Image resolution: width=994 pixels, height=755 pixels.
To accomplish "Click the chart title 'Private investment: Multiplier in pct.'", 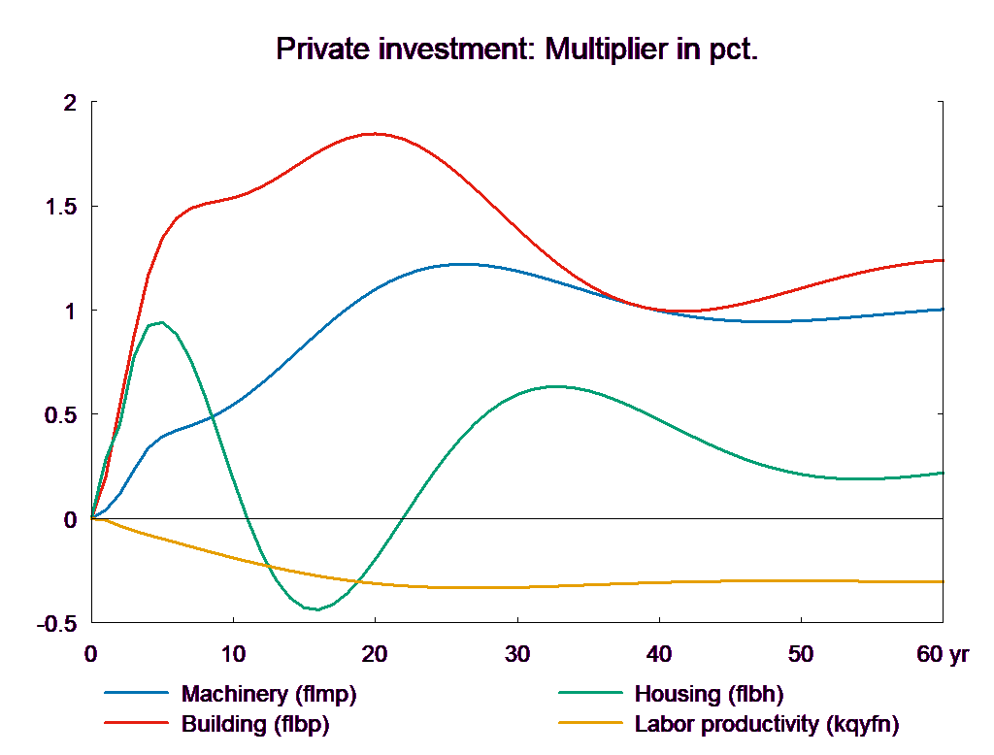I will click(516, 49).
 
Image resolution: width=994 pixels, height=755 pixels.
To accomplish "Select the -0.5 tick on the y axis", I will click(57, 623).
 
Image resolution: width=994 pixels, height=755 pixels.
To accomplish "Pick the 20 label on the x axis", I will click(375, 654).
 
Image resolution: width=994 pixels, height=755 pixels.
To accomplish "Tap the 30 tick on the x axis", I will click(516, 654).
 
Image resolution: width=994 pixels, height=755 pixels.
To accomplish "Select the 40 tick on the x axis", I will click(659, 654).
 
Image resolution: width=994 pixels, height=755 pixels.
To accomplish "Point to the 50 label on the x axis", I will click(801, 654).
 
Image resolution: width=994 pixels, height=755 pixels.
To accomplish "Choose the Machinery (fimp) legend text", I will click(269, 694).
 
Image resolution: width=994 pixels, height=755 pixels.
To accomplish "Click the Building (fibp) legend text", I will click(255, 724).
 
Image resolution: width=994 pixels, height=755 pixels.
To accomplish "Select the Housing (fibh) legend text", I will click(708, 694).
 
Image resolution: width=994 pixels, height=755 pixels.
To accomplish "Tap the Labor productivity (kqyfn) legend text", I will click(766, 724).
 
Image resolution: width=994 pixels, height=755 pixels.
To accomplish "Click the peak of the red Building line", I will click(375, 134).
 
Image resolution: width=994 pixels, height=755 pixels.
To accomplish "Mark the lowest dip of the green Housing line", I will click(315, 609).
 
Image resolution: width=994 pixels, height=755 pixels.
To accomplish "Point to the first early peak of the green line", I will click(162, 322).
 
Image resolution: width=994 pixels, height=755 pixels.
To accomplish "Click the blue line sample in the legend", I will click(135, 694).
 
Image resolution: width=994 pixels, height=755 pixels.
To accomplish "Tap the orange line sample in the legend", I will click(589, 724).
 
